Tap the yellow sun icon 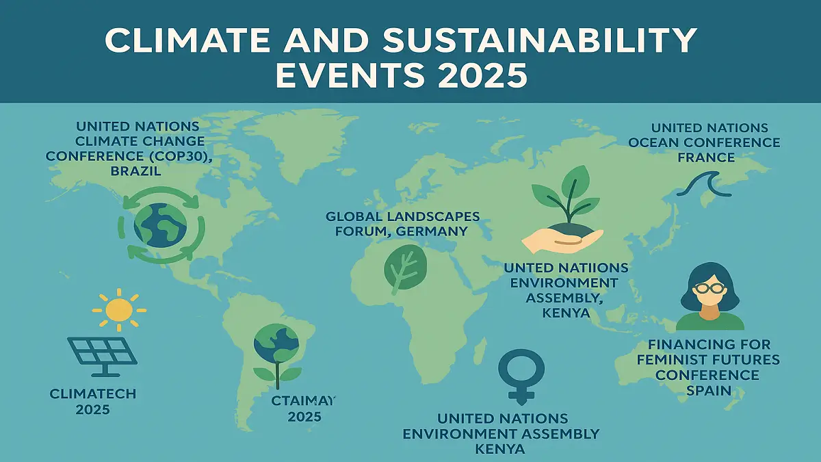pyautogui.click(x=119, y=309)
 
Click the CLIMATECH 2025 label pyautogui.click(x=93, y=401)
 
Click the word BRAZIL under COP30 pyautogui.click(x=135, y=172)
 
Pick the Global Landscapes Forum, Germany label pyautogui.click(x=402, y=224)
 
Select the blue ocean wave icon pyautogui.click(x=703, y=183)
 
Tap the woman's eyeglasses pyautogui.click(x=709, y=288)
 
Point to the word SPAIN pyautogui.click(x=708, y=391)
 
